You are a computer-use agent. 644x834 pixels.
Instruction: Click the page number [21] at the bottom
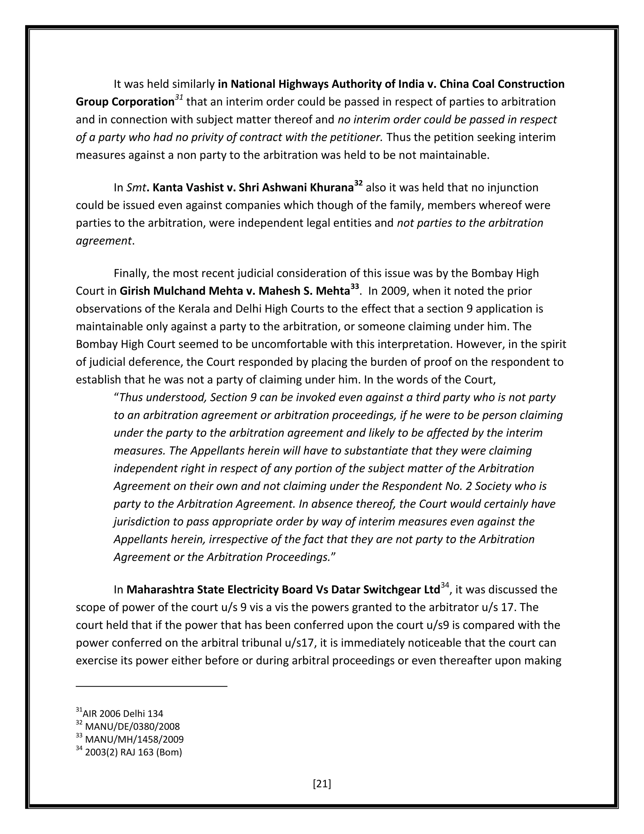click(322, 784)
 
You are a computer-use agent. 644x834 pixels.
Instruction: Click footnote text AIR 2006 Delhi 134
click(123, 713)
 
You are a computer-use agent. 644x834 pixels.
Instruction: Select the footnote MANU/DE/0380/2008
click(132, 726)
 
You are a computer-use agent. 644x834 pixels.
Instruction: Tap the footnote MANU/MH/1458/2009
click(134, 739)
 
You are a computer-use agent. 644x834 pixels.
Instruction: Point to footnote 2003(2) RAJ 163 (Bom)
click(133, 752)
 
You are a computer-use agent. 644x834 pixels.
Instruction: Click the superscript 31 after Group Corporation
click(179, 98)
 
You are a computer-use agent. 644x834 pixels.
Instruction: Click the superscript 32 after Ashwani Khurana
click(358, 184)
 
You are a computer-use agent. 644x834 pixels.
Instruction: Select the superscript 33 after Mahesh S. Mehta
click(354, 287)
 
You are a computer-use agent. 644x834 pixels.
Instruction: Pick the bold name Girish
click(134, 291)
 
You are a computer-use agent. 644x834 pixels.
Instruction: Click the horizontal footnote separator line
click(152, 687)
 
